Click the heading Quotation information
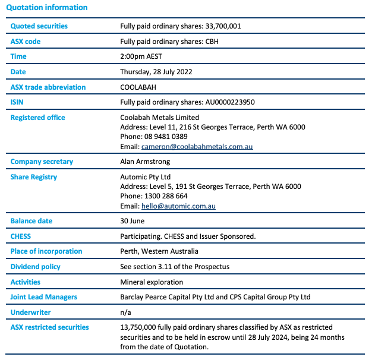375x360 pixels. click(x=46, y=8)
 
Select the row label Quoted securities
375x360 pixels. click(x=39, y=26)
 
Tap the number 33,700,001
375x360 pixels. click(x=223, y=26)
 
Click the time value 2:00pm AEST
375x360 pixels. click(x=141, y=57)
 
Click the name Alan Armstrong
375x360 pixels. click(x=145, y=162)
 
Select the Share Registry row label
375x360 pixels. click(x=34, y=177)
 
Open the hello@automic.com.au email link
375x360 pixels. click(x=178, y=206)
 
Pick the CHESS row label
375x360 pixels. click(x=21, y=236)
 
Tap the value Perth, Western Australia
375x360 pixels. click(x=159, y=251)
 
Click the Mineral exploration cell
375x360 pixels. click(x=152, y=282)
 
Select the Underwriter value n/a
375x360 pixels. click(x=125, y=312)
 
